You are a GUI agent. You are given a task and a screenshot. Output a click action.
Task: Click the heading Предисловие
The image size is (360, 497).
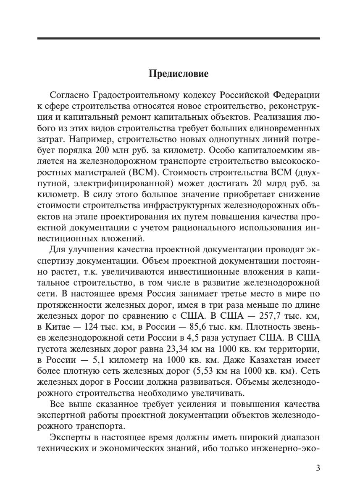click(x=179, y=74)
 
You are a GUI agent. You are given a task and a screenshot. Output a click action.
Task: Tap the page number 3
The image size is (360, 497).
click(x=318, y=468)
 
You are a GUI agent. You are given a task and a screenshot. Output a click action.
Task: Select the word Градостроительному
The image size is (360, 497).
click(x=131, y=95)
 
